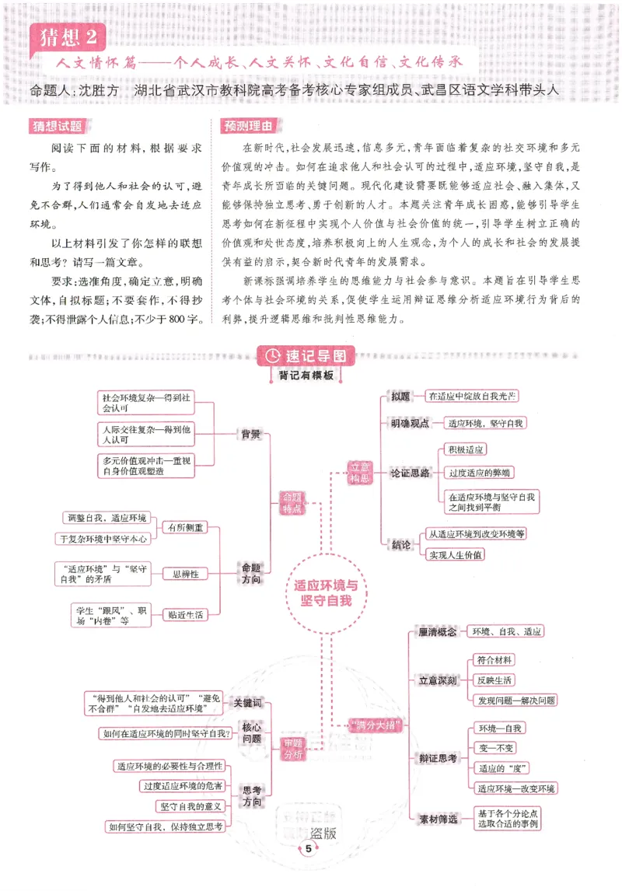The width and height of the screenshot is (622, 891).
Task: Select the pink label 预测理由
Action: coord(247,125)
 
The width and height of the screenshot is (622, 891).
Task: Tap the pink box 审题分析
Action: coord(293,749)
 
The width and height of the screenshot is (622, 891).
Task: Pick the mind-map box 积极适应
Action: coord(466,449)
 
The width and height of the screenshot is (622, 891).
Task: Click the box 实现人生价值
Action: coord(456,554)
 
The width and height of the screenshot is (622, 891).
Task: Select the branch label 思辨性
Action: coord(184,574)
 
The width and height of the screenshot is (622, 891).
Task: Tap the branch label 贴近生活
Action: coord(184,614)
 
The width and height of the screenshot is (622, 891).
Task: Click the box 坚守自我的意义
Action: coord(191,806)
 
